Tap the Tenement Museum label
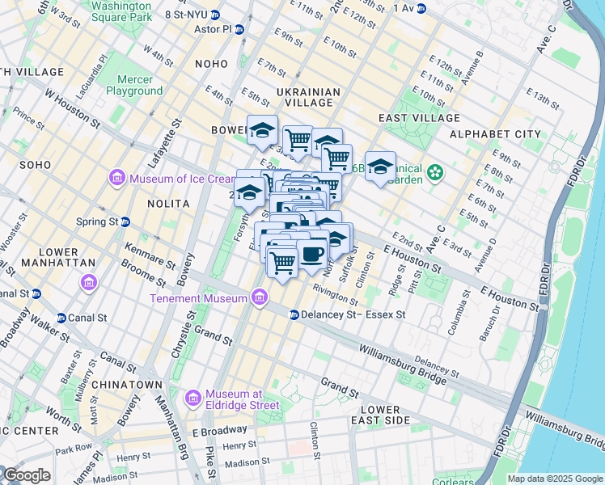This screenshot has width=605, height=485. (197, 299)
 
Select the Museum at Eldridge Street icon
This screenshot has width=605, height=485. (192, 399)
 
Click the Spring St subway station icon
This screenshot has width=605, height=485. (125, 221)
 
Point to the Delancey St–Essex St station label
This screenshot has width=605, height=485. (353, 314)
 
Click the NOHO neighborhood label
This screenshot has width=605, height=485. (212, 63)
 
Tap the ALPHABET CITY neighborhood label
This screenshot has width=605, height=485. (495, 133)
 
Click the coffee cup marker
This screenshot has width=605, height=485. (312, 254)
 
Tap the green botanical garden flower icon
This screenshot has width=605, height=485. (437, 172)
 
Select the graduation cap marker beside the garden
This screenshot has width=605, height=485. (380, 167)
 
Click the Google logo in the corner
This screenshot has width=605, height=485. (26, 475)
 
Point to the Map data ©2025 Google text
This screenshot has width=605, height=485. (555, 479)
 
